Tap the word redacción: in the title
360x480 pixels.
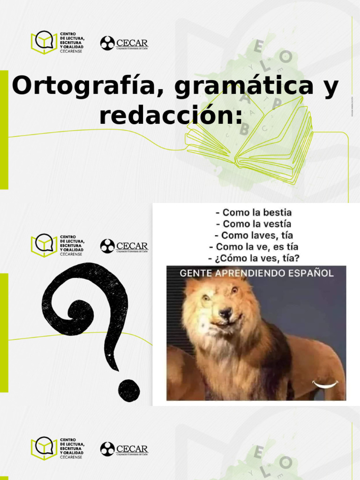click(x=171, y=115)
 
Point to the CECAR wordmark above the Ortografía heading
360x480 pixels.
click(x=132, y=43)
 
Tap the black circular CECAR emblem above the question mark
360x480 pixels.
click(x=107, y=246)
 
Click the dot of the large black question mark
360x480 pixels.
click(x=129, y=390)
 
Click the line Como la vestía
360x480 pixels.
click(x=257, y=224)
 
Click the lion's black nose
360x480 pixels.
click(x=226, y=313)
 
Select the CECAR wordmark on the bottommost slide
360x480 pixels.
click(x=132, y=449)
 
